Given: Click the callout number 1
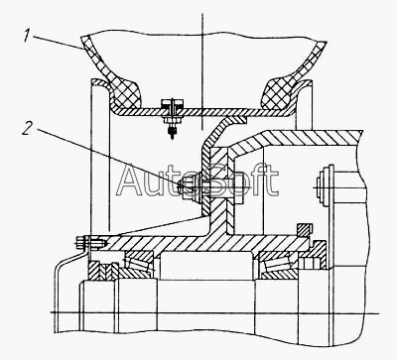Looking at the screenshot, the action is pos(28,36).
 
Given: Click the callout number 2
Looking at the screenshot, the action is pos(28,128).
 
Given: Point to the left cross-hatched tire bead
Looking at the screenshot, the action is pos(127,93).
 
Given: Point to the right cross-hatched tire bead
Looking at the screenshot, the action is pos(277,93).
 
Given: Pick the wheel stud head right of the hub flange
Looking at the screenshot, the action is pos(238,188).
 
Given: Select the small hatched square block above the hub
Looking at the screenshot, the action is pos(305,230).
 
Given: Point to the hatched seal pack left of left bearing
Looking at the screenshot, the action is pos(102,271).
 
